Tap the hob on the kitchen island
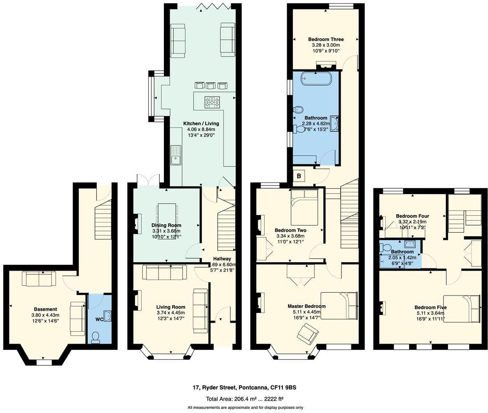[213, 102]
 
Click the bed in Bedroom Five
[461, 308]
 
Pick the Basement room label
[45, 309]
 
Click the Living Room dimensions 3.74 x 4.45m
[171, 313]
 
